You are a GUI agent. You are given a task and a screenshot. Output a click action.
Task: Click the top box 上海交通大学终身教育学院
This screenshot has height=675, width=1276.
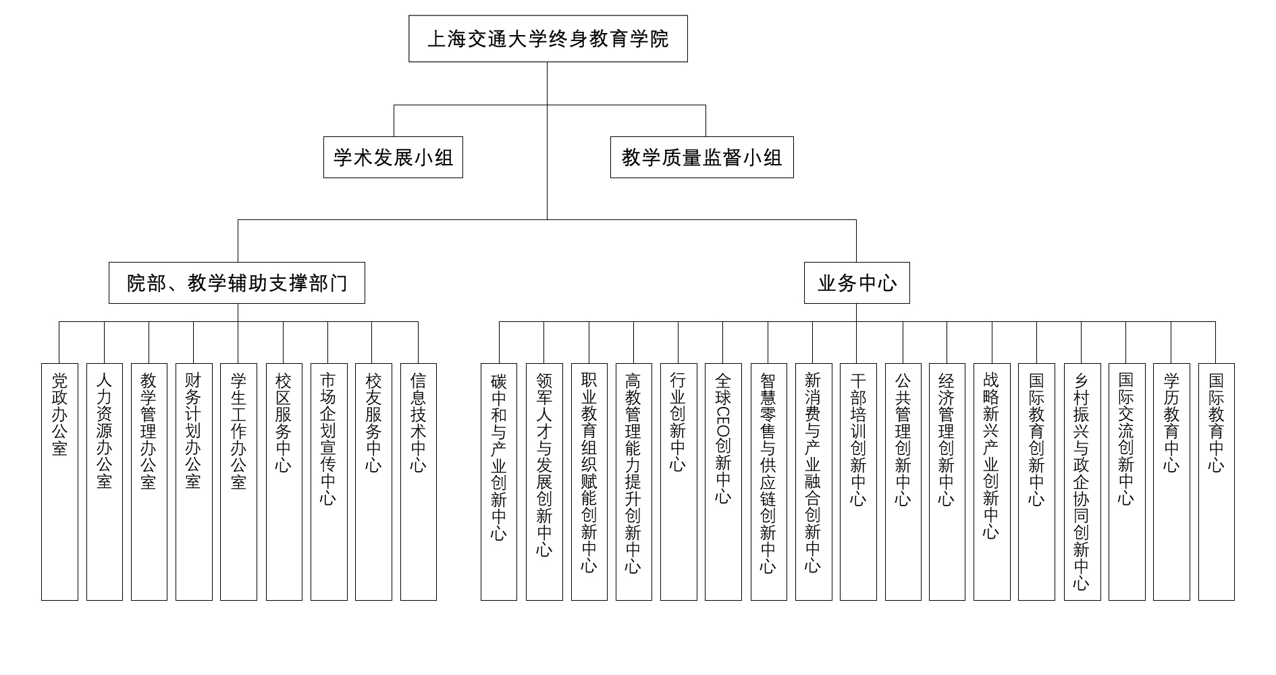548,38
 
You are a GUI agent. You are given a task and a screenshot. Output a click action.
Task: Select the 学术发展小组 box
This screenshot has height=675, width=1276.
393,157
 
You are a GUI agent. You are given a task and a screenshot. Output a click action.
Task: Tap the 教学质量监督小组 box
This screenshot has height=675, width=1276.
702,157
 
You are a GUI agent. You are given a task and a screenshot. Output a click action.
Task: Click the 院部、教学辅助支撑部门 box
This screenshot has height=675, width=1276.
237,283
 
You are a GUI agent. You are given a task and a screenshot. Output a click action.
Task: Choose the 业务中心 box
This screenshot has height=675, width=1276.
857,283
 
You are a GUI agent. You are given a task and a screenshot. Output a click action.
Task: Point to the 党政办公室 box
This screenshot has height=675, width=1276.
59,482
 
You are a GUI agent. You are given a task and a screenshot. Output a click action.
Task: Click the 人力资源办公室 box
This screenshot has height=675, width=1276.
105,482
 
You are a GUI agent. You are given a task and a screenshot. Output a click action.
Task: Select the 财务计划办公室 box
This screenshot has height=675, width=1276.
194,482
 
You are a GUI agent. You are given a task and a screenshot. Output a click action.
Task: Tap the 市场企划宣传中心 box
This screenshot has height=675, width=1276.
329,482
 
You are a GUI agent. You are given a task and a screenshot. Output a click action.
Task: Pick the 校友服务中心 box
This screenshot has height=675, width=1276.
373,482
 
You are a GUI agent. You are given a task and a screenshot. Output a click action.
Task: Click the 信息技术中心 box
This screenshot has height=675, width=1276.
419,482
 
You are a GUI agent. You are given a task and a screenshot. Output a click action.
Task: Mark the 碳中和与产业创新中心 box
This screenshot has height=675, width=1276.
499,482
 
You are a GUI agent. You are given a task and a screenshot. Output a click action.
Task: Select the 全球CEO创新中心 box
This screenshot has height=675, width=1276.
723,482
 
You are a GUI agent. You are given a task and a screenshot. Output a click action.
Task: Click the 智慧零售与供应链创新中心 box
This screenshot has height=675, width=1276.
769,482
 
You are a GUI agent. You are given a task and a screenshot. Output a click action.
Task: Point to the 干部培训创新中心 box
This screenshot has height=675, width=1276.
858,482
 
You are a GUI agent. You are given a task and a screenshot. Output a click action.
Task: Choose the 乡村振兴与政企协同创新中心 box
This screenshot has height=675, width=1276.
1082,482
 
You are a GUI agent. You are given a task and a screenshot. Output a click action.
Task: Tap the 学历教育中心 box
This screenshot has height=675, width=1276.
1171,482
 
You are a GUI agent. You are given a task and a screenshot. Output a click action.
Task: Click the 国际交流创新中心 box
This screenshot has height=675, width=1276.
1127,482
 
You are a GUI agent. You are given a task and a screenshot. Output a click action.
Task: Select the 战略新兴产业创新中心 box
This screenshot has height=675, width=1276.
992,482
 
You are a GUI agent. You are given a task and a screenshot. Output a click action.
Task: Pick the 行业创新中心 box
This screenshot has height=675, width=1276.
679,482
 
